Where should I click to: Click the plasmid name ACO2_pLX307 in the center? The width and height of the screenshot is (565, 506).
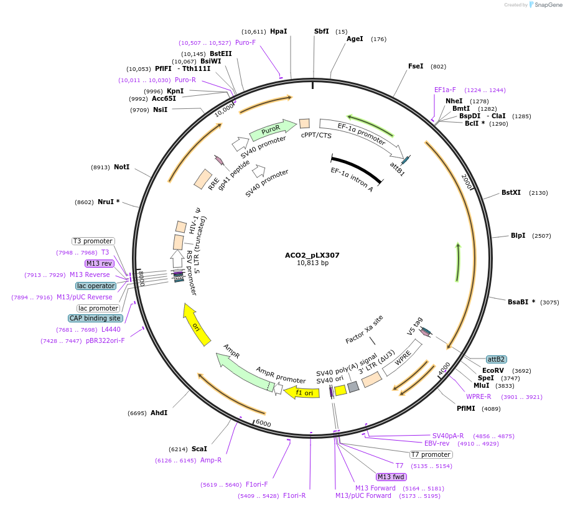tap(312, 255)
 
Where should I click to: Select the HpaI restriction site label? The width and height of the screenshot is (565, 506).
tap(278, 31)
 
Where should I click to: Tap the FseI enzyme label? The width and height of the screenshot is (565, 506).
tap(416, 66)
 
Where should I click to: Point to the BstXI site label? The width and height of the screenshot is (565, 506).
tap(511, 192)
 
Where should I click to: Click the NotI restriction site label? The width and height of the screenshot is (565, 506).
tap(121, 167)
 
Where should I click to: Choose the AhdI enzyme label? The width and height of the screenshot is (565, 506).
tap(159, 413)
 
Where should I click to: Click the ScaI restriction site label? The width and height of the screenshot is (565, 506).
tap(199, 449)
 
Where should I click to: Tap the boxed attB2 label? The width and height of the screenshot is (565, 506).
tap(496, 359)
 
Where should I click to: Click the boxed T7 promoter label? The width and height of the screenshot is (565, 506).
tap(430, 454)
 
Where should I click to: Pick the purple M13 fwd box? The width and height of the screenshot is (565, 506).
tap(391, 477)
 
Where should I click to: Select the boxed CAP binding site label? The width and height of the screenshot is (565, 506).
tap(95, 318)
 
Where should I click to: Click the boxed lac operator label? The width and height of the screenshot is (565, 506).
tap(96, 286)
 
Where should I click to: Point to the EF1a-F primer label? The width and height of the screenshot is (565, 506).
tap(445, 90)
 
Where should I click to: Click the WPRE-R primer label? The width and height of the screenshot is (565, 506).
tap(479, 396)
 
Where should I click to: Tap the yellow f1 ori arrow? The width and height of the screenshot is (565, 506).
tap(302, 392)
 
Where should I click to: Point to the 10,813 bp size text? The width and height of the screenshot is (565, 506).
tap(312, 263)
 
